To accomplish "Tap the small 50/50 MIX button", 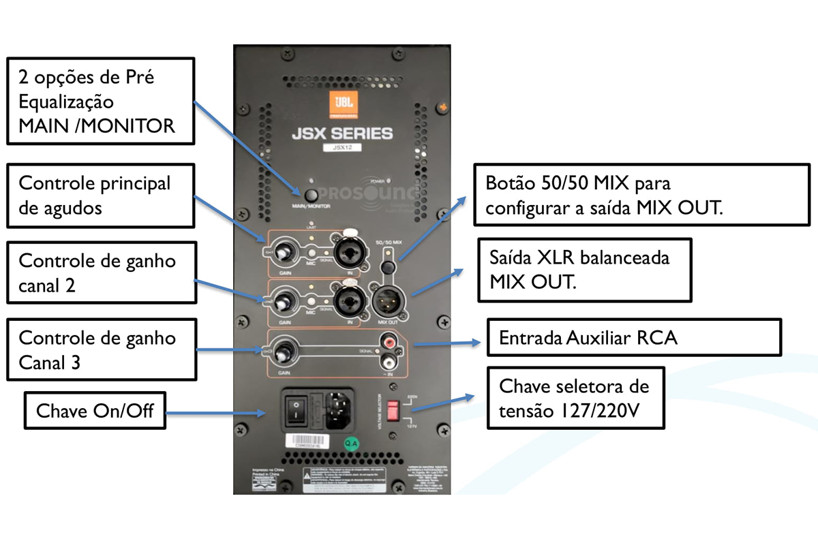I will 388,266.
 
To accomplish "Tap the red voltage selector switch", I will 393,411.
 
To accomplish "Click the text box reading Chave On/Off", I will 95,410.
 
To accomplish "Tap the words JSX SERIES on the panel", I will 342,132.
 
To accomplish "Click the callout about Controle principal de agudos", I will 100,195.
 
